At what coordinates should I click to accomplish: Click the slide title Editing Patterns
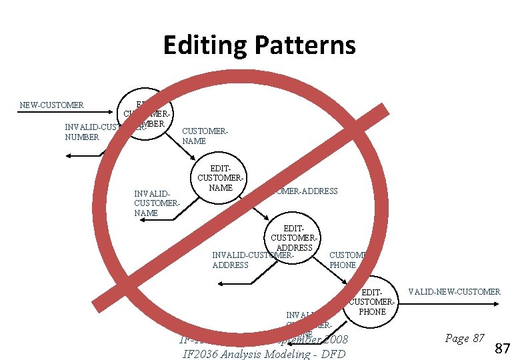(259, 45)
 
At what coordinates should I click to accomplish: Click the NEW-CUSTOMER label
(51, 105)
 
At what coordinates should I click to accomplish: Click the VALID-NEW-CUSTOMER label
(454, 292)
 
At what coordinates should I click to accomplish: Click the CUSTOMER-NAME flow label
(205, 136)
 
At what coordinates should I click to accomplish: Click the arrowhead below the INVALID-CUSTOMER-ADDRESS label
(221, 285)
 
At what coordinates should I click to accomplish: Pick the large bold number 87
(503, 347)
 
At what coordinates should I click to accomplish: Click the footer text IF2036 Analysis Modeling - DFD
(264, 353)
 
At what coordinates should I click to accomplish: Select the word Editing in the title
(206, 45)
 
